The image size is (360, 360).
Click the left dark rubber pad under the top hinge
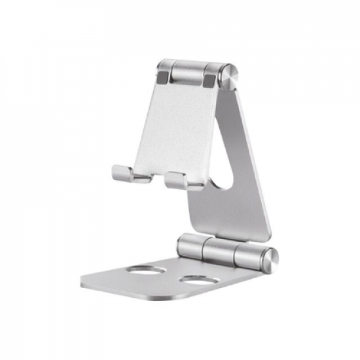coord(162,78)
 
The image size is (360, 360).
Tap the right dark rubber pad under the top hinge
coord(209,79)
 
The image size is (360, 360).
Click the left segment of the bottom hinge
coord(190,245)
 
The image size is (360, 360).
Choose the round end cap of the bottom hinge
coord(268,260)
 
